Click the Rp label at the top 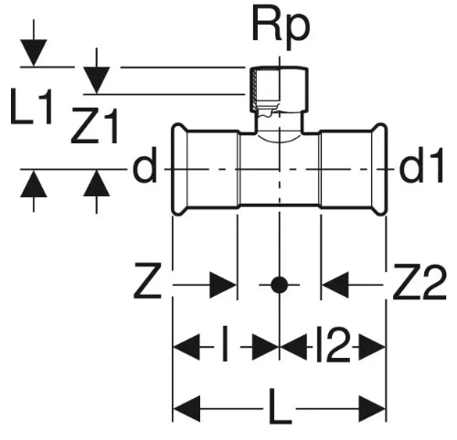pos(281,28)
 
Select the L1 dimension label pos(31,106)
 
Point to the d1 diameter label pos(421,165)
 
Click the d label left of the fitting pos(144,165)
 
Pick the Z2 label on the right pos(420,282)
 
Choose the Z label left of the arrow pos(147,282)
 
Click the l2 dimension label pos(333,344)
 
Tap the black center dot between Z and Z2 pos(279,285)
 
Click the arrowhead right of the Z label pos(223,285)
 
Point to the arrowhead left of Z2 pos(335,285)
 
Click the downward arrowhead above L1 pos(34,53)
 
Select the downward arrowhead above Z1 pos(97,80)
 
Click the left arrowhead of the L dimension pos(186,409)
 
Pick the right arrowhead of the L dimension pos(372,409)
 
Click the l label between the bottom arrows pos(225,344)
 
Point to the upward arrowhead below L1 pos(34,183)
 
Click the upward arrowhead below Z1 pos(97,183)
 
